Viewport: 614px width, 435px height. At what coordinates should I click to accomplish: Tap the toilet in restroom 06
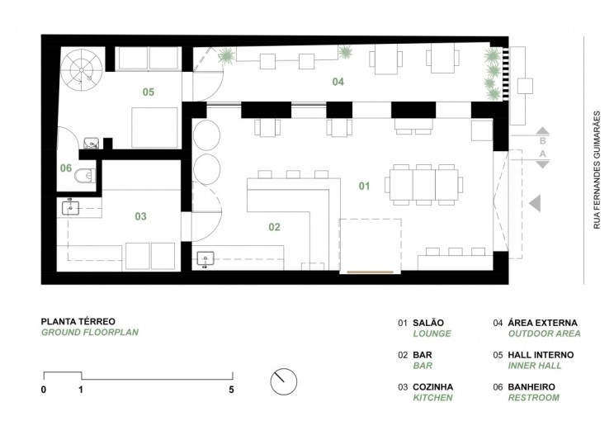(84, 176)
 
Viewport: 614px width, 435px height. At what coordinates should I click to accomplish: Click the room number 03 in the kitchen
(140, 216)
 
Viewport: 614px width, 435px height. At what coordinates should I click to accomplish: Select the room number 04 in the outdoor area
(338, 82)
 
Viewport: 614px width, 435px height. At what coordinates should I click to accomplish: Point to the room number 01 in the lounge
(364, 186)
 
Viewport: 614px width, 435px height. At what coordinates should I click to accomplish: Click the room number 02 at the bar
(275, 227)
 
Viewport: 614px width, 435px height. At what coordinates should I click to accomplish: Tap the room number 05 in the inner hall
(148, 92)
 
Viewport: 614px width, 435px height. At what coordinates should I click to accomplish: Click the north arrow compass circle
(284, 381)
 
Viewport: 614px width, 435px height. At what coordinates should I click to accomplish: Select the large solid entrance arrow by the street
(535, 203)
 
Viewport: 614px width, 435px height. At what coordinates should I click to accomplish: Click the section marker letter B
(542, 140)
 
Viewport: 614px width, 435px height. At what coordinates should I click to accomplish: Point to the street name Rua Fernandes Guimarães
(597, 170)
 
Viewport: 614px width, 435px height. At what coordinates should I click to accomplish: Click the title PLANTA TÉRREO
(78, 321)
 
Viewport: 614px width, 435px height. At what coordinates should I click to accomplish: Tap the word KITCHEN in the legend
(432, 397)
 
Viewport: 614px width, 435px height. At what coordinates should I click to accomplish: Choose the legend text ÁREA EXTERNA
(542, 323)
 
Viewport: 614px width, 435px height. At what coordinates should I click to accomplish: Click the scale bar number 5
(231, 390)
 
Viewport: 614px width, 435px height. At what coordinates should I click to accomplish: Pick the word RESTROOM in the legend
(534, 397)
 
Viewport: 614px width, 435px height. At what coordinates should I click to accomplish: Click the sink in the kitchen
(70, 207)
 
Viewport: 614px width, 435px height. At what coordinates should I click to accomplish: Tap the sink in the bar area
(205, 259)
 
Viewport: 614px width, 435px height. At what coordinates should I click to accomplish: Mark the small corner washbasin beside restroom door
(92, 144)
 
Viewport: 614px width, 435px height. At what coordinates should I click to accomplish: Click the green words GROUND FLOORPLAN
(90, 332)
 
